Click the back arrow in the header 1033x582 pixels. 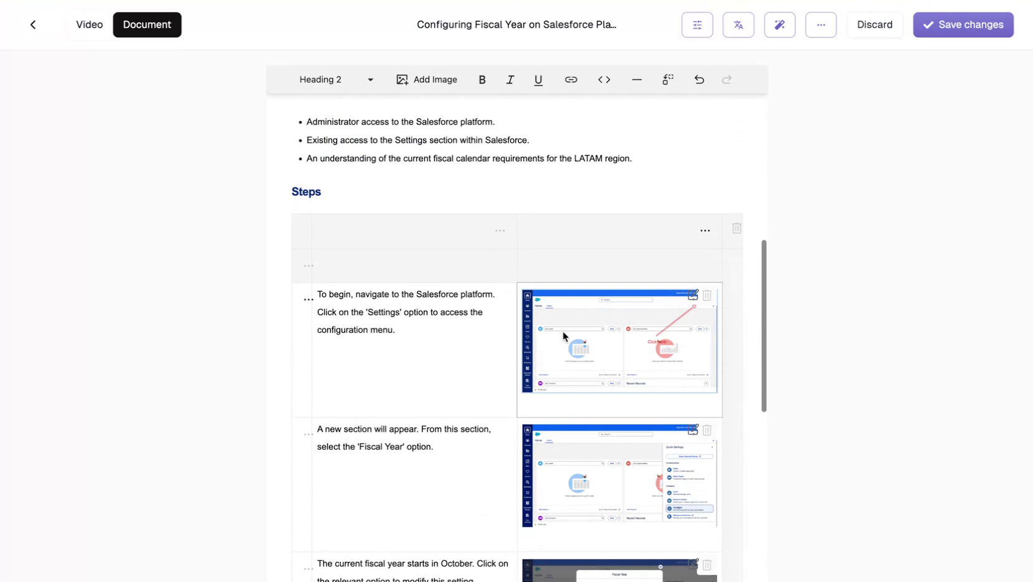coord(33,25)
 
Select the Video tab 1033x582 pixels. coord(89,25)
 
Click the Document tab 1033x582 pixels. coord(147,25)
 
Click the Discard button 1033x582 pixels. coord(874,25)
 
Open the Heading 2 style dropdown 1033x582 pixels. coord(336,80)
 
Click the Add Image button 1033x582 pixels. coord(427,80)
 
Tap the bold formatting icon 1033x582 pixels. coord(482,80)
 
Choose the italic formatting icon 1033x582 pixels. coord(510,80)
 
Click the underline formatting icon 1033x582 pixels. coord(538,80)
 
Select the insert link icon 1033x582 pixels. coord(571,80)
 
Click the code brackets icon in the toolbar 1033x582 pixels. coord(604,80)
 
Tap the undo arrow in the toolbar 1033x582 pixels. coord(699,80)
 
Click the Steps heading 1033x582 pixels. coord(306,192)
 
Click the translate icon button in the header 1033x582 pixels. coord(738,25)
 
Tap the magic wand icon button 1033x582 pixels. coord(779,25)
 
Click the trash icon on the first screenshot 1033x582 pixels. coord(707,295)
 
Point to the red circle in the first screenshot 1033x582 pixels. coord(666,348)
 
